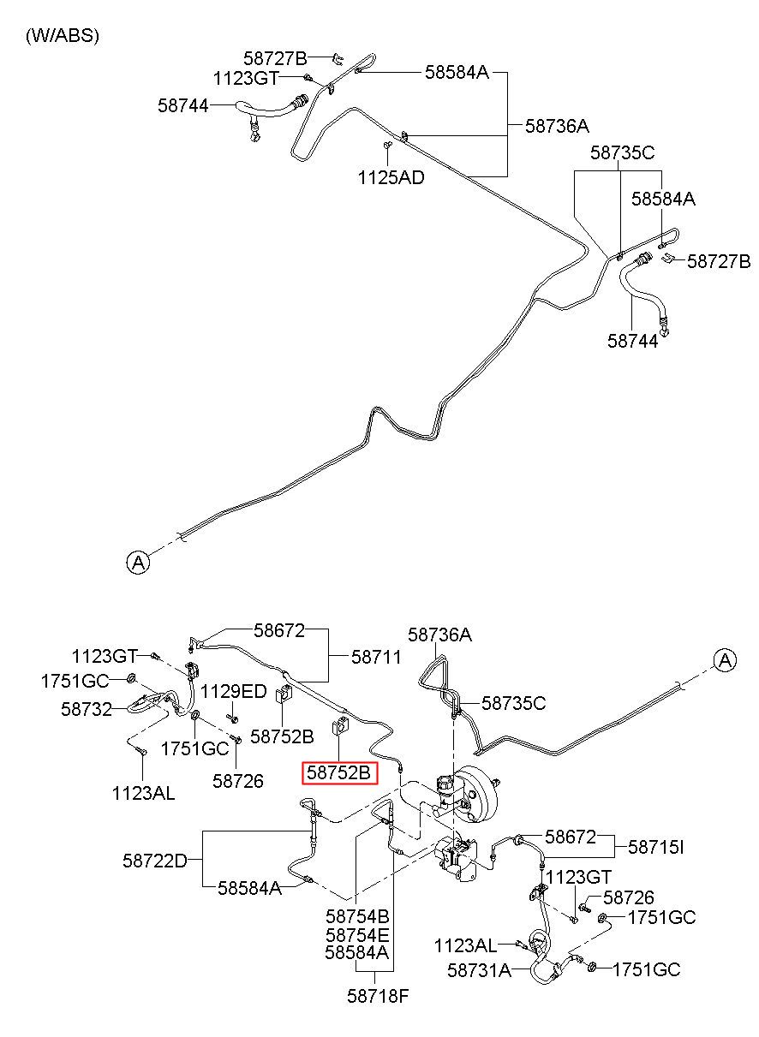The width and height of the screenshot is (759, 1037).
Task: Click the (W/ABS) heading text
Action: point(62,36)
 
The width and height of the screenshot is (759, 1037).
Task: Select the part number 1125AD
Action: point(391,178)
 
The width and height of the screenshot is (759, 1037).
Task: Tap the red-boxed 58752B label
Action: point(339,772)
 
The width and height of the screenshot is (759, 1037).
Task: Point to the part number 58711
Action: point(375,657)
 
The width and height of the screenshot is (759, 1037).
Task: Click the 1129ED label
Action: point(233,692)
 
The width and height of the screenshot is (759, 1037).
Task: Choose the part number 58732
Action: point(87,709)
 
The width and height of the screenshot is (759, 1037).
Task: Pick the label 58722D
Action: point(155,861)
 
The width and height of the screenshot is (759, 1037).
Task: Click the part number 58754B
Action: point(357,916)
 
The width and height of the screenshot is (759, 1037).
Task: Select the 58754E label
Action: point(357,935)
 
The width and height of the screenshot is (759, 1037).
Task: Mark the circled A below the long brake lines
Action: point(138,563)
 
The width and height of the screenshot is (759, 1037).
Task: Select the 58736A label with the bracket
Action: point(557,126)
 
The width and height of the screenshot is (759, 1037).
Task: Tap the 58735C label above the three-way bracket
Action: point(623,152)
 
